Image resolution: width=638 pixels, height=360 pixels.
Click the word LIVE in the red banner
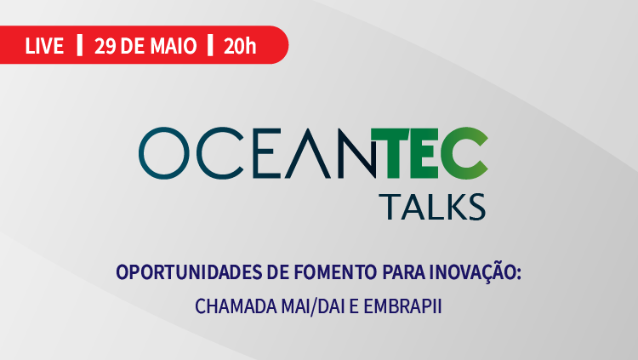[x=44, y=46]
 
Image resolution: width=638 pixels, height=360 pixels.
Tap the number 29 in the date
[x=105, y=46]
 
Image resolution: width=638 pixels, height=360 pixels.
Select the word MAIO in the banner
[x=174, y=46]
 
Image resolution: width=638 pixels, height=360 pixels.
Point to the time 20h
[x=240, y=46]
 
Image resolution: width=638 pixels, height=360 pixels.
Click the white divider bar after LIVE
[x=80, y=45]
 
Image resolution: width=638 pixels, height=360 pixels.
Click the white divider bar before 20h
[x=210, y=45]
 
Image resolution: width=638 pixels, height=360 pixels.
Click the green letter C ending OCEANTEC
[x=464, y=153]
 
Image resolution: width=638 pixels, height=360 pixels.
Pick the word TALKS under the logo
[x=432, y=207]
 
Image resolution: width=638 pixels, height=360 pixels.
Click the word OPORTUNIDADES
[x=189, y=272]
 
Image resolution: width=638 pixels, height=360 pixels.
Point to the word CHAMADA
[x=236, y=306]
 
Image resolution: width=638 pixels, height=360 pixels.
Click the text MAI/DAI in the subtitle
[x=313, y=306]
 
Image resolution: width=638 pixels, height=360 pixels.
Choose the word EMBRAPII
[x=402, y=306]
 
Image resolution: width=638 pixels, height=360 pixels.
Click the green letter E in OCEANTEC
[x=424, y=153]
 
